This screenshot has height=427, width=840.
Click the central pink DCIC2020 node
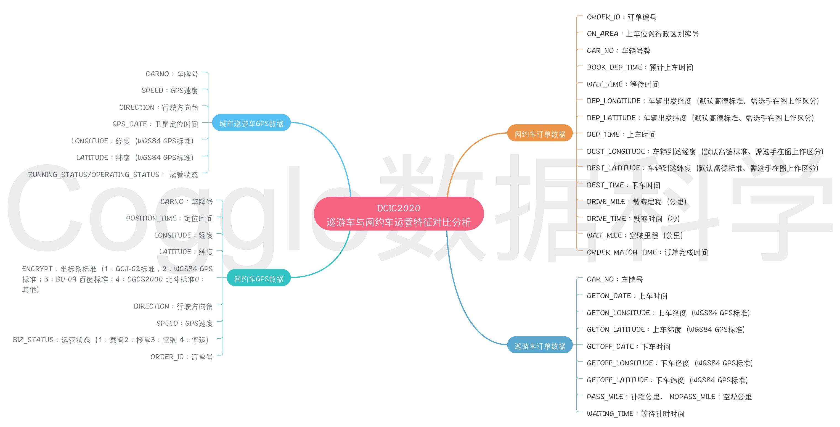coord(399,214)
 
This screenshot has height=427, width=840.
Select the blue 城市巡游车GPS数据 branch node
coord(251,123)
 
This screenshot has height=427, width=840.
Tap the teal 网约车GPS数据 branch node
coord(259,278)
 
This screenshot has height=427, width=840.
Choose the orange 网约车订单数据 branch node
coord(540,133)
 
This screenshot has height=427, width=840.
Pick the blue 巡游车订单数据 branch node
coord(540,346)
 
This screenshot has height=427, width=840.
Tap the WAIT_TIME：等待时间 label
coord(623,85)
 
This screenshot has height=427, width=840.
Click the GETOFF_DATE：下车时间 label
coord(628,346)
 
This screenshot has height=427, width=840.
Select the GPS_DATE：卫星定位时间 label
coord(155,124)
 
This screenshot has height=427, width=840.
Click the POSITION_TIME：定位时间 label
coord(169,218)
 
